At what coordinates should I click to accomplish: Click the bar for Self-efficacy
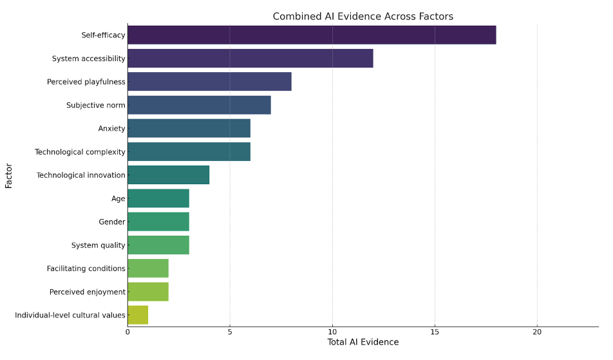point(312,35)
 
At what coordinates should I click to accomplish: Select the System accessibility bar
point(250,59)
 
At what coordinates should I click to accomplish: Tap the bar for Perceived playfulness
point(209,82)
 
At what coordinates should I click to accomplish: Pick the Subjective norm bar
point(199,105)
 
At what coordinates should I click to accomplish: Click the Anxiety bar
point(189,128)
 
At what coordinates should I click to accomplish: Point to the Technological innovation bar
point(168,175)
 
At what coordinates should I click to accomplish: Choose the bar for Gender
point(158,222)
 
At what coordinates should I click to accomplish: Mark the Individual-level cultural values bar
point(138,315)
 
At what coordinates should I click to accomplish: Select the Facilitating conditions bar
point(148,269)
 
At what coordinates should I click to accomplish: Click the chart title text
point(363,17)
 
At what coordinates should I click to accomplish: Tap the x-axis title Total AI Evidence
point(363,342)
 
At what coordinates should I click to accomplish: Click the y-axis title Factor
point(9,175)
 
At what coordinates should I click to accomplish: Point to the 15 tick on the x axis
point(435,332)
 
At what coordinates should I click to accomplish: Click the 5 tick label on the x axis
point(230,332)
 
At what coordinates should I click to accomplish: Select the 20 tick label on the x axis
point(537,332)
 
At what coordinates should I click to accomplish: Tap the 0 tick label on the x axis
point(127,332)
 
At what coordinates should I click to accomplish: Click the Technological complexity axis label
point(80,152)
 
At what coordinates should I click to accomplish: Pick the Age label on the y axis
point(118,198)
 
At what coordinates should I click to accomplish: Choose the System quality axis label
point(99,245)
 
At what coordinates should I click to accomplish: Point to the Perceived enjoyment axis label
point(88,292)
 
